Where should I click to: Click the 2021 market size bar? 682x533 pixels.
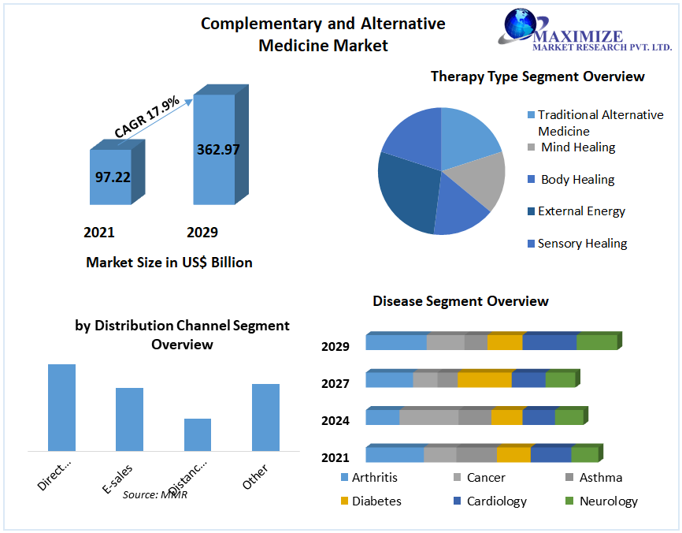(110, 177)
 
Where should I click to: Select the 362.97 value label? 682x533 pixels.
(218, 150)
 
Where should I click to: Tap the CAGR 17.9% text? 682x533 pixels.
(146, 117)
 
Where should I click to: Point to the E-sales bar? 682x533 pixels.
(129, 419)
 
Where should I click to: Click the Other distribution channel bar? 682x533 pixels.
(265, 417)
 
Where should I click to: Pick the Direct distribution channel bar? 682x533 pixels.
(61, 407)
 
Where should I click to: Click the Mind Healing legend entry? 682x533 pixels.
(577, 147)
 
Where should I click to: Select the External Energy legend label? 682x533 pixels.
(581, 211)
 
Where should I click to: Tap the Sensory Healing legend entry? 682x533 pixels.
(582, 244)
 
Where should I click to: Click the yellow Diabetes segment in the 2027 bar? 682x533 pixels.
(484, 380)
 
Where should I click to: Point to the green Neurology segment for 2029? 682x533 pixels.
(596, 342)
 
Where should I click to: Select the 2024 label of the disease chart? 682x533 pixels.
(335, 420)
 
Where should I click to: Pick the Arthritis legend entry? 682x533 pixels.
(374, 477)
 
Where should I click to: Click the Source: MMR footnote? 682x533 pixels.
(155, 494)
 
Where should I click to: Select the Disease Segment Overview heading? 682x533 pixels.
(461, 301)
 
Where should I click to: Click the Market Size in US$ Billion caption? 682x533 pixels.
(169, 262)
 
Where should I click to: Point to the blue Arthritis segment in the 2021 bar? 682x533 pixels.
(395, 454)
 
